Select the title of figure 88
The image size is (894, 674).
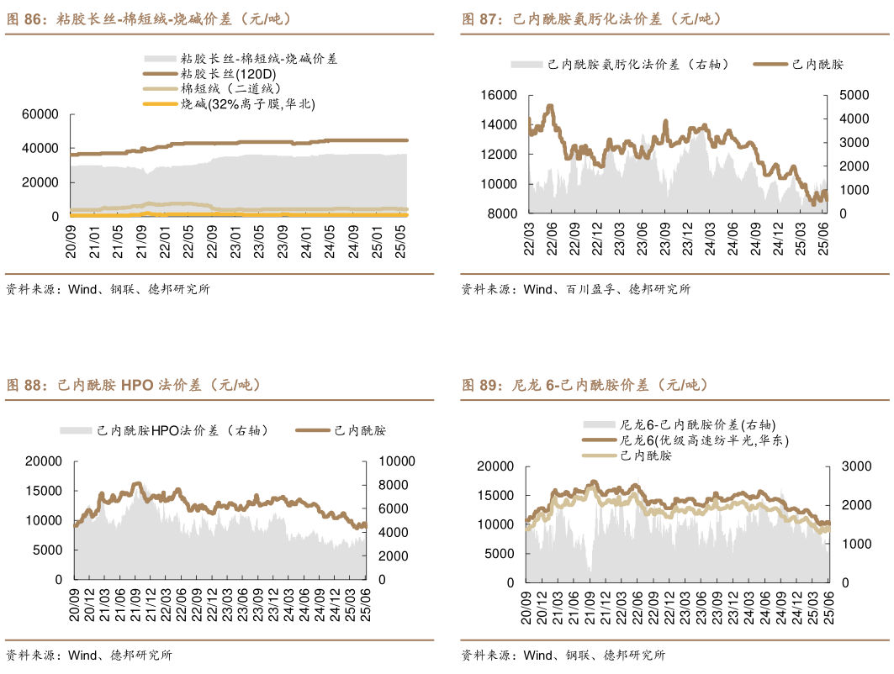[x=135, y=385]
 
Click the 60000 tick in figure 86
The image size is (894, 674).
[x=40, y=114]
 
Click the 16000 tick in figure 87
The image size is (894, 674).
[x=499, y=96]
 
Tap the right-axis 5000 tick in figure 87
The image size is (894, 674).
[x=854, y=96]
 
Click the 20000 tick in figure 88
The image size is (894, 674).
[x=45, y=461]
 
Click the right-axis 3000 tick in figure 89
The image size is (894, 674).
[x=854, y=466]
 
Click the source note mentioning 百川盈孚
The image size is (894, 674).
[x=575, y=289]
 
